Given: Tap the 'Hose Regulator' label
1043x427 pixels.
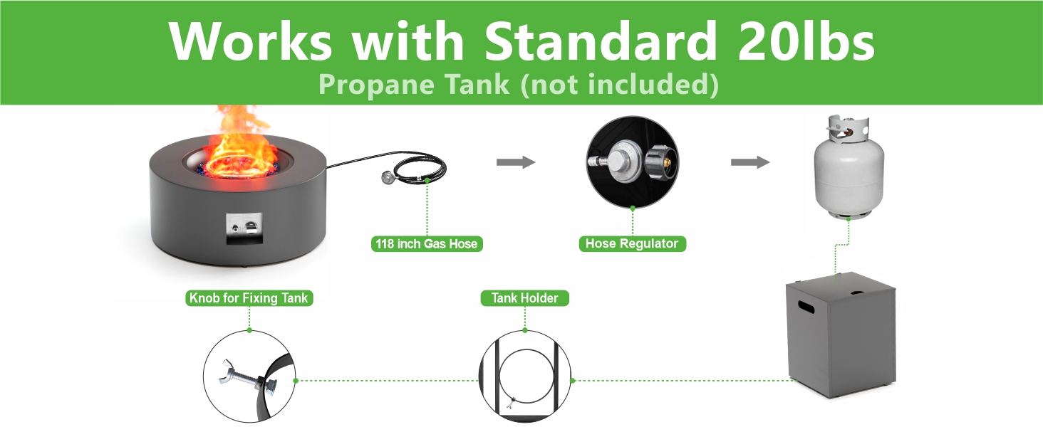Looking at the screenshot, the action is pos(632,244).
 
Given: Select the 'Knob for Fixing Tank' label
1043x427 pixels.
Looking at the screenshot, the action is pos(249,298).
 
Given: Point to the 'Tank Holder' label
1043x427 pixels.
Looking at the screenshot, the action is pos(525,298).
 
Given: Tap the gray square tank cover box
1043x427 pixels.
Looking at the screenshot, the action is pos(841,334).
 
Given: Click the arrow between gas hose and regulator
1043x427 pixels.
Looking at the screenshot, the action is pos(516,162).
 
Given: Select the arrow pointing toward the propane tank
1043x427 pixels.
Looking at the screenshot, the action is pos(750,162).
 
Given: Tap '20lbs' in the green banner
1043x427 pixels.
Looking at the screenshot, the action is pos(804,41).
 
